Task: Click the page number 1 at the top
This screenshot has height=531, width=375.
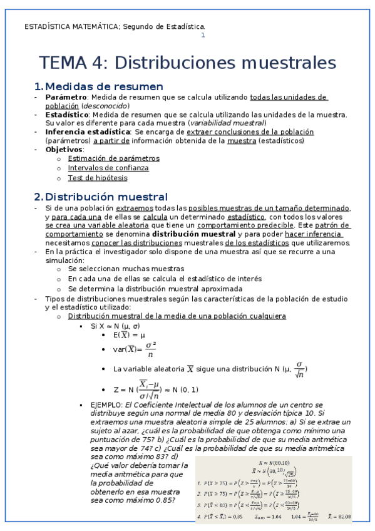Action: click(203, 36)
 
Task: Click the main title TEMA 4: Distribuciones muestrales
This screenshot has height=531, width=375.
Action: click(188, 63)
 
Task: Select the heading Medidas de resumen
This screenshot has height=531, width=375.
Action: click(104, 86)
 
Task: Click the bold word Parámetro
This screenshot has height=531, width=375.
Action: click(66, 98)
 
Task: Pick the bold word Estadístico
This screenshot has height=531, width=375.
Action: click(67, 115)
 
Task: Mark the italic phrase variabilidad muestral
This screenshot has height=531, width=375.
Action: click(227, 123)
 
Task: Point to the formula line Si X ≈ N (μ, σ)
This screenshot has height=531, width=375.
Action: click(115, 326)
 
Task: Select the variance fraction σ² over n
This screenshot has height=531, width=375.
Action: click(150, 350)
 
